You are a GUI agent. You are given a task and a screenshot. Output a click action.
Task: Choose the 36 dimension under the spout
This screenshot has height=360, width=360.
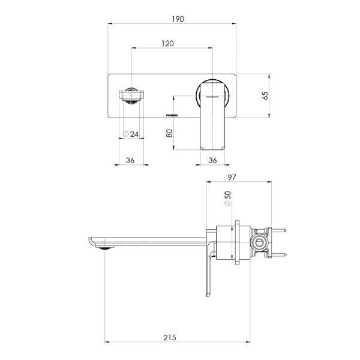(x=130, y=160)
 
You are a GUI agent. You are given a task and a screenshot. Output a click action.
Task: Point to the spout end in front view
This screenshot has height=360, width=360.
(x=130, y=96)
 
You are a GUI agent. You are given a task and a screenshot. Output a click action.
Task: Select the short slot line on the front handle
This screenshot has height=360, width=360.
(x=212, y=94)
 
